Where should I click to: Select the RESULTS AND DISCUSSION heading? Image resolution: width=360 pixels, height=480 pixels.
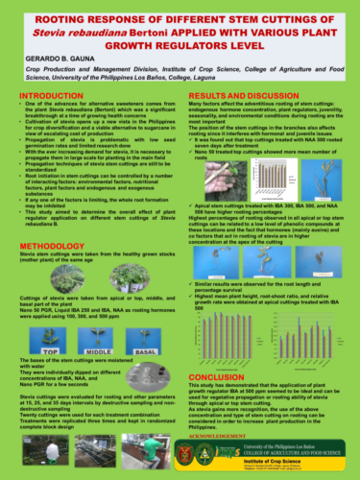click(x=242, y=98)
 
